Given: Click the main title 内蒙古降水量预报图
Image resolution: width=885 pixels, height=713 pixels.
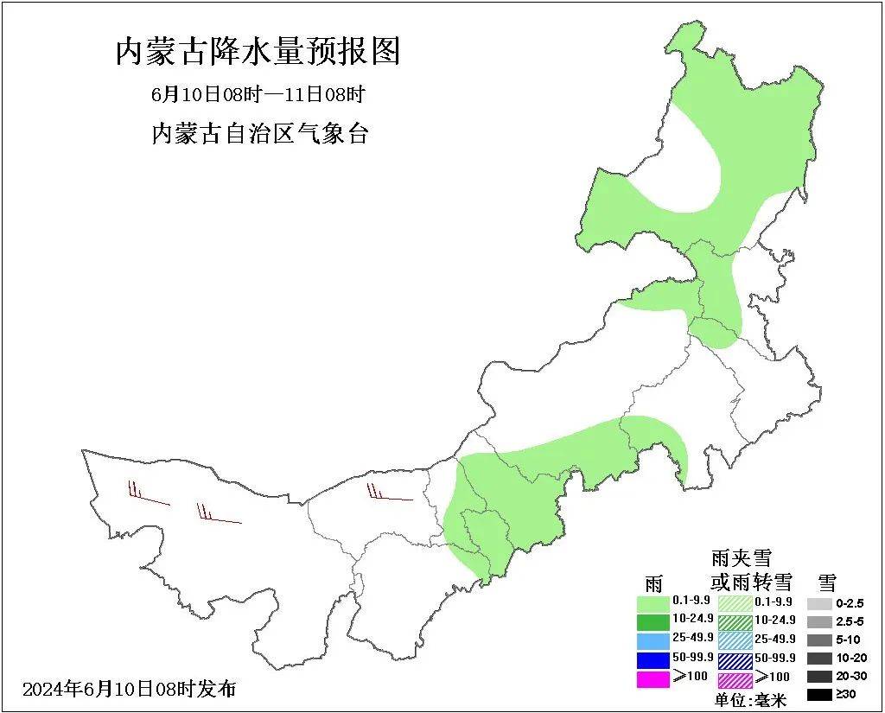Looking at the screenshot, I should tap(258, 52).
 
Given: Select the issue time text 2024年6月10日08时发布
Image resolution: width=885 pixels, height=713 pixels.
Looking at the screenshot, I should tap(129, 690).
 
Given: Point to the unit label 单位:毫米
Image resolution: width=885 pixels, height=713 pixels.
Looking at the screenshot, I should tap(750, 700).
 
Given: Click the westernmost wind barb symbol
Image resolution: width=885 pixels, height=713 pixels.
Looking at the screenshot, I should tap(148, 496).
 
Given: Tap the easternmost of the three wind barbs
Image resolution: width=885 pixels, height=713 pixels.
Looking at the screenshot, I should tap(389, 494).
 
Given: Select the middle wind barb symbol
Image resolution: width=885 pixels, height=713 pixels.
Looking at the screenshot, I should tap(218, 515).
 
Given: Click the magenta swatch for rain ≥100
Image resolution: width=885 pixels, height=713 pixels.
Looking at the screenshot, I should tap(653, 679).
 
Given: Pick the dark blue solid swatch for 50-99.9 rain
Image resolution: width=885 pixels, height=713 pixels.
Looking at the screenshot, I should tap(653, 660).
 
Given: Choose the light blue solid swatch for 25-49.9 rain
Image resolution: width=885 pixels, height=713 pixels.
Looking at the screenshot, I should tap(653, 641).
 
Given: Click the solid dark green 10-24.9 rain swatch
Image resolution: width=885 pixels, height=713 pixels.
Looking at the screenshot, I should tap(653, 621).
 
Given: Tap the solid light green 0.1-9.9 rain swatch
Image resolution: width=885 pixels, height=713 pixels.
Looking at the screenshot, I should tap(653, 602).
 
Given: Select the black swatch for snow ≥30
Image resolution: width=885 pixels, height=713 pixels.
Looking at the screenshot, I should tap(819, 695).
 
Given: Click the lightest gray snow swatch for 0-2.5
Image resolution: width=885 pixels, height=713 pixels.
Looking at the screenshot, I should tap(819, 603).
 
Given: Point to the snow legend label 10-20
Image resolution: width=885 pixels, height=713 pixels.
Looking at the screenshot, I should tap(850, 659).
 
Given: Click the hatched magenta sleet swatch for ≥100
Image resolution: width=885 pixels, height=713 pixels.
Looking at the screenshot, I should tap(735, 680).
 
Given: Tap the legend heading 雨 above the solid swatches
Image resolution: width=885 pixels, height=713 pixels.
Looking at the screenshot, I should tap(654, 582).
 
